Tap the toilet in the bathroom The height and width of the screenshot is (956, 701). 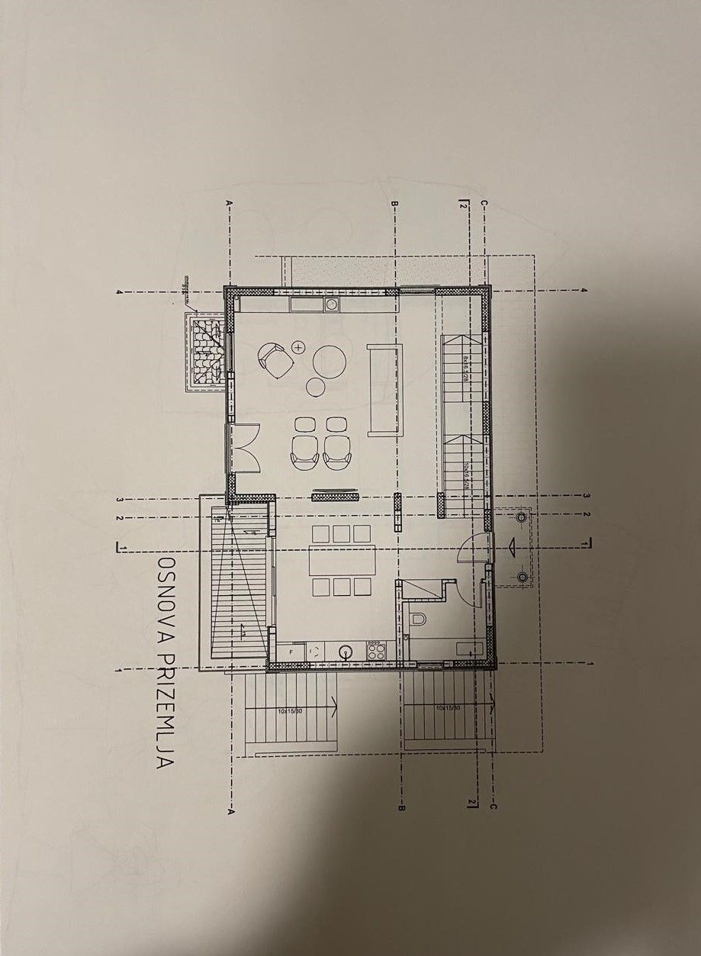(x=416, y=622)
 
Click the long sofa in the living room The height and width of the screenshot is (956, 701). (x=382, y=389)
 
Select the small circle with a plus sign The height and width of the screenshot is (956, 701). (x=297, y=348)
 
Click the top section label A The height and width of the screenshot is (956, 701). (x=228, y=203)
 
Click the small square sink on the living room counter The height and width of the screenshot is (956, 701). (x=332, y=304)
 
